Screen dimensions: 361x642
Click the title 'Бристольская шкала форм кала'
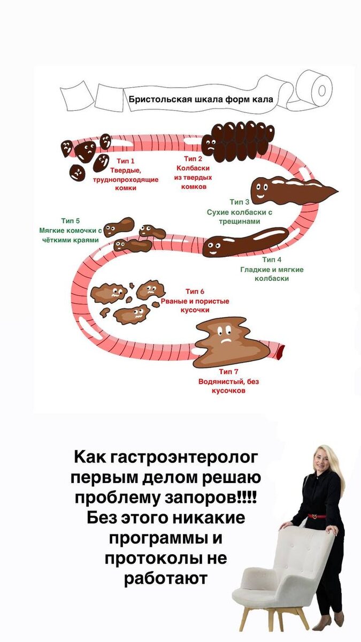tap(201, 99)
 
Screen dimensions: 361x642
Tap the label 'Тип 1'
tap(125, 160)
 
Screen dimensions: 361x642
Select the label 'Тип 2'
tap(193, 158)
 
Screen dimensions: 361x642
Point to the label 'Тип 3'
tap(240, 202)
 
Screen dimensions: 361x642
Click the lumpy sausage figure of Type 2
tap(238, 141)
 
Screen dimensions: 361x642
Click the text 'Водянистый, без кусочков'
tap(228, 386)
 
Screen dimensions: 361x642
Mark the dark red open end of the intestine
tap(279, 352)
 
